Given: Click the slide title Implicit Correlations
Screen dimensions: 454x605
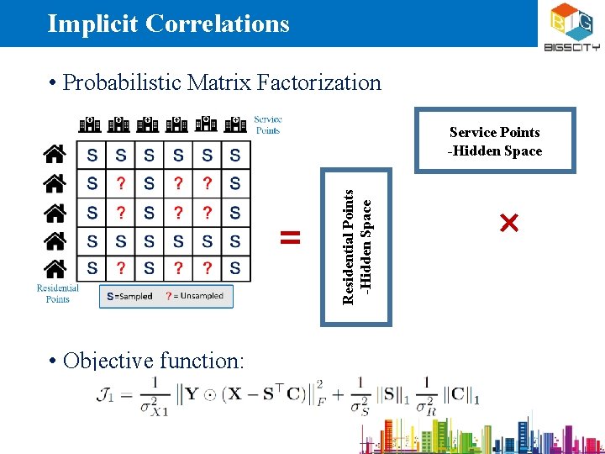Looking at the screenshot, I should (168, 24).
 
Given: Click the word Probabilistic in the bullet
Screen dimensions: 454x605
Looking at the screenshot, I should (122, 82).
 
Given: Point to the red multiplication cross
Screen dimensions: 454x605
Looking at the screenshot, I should (508, 223).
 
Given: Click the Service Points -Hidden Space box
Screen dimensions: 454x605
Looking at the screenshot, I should (496, 141).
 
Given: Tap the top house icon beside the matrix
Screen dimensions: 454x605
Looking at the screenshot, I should (55, 155).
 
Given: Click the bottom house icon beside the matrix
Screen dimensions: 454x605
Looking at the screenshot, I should (55, 269).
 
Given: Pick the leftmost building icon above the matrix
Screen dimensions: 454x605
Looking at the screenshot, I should (90, 124).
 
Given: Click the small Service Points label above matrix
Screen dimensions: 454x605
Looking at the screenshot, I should (267, 124).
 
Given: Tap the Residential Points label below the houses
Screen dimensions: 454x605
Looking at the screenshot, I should (57, 293).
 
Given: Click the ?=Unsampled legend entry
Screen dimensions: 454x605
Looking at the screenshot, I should (195, 296).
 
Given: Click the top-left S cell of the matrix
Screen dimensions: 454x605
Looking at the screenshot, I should (92, 155).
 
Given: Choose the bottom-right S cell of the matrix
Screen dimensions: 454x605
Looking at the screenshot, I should (235, 269).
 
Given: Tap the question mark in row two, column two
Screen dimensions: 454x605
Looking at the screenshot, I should (121, 183).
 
